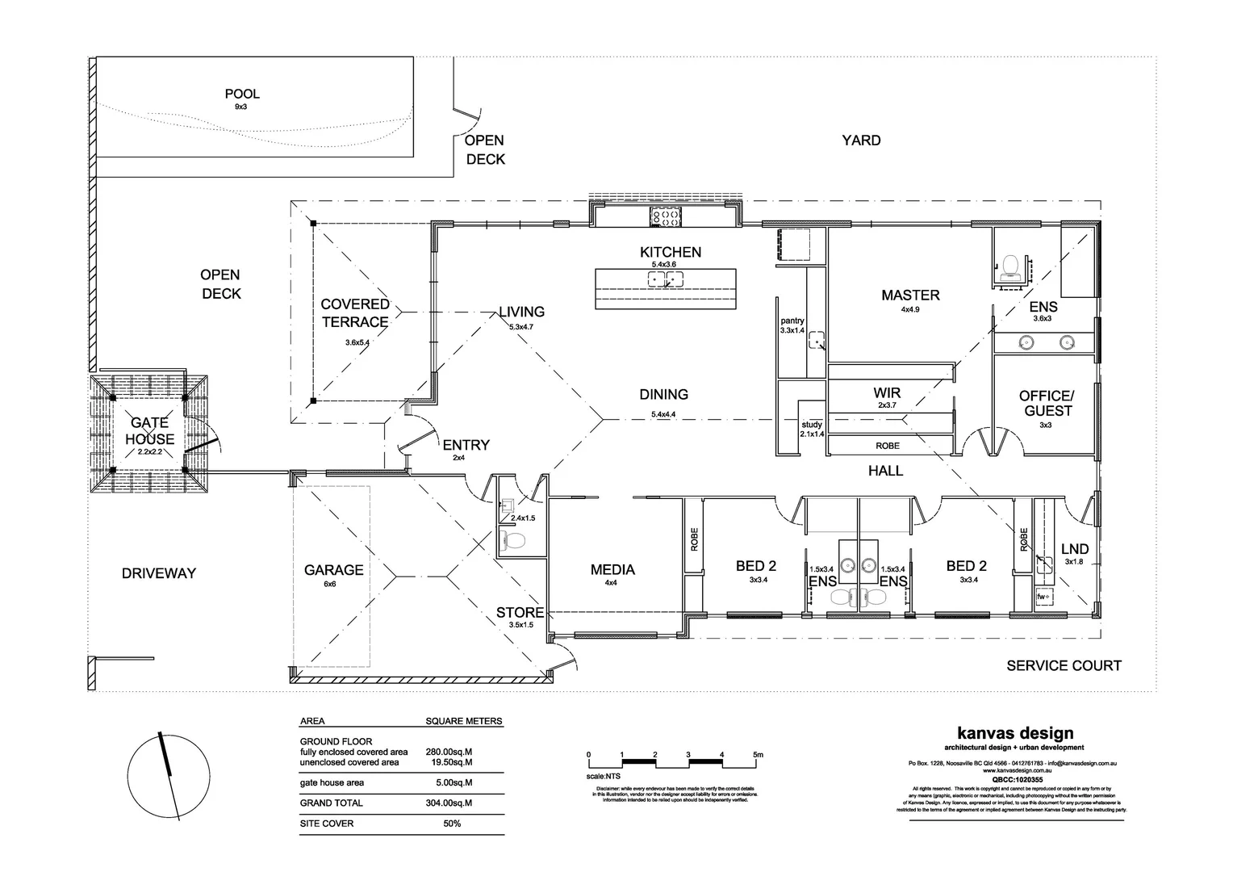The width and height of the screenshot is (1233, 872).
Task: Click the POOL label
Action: tap(241, 94)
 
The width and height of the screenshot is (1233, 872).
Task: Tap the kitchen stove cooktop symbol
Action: tap(667, 216)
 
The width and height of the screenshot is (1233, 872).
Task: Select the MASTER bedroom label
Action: tap(910, 296)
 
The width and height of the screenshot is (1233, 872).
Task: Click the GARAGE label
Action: tap(333, 570)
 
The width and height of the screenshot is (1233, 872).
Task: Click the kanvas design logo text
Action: tap(1014, 733)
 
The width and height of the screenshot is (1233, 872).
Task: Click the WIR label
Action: tap(887, 393)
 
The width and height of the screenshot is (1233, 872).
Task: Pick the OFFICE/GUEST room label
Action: tap(1046, 404)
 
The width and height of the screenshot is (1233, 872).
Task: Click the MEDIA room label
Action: tap(612, 570)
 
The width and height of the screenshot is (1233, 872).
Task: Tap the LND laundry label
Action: tap(1075, 548)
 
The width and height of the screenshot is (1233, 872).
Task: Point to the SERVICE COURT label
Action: tap(1064, 666)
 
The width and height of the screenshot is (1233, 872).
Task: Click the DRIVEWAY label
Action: tap(159, 573)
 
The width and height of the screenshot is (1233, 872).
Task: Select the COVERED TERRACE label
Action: tap(355, 313)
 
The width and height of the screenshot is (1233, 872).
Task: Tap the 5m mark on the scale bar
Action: tap(757, 755)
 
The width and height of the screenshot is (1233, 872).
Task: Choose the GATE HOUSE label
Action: tap(150, 431)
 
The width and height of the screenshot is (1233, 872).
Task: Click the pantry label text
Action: tap(792, 321)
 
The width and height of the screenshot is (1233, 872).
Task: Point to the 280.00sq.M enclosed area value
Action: tap(449, 752)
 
